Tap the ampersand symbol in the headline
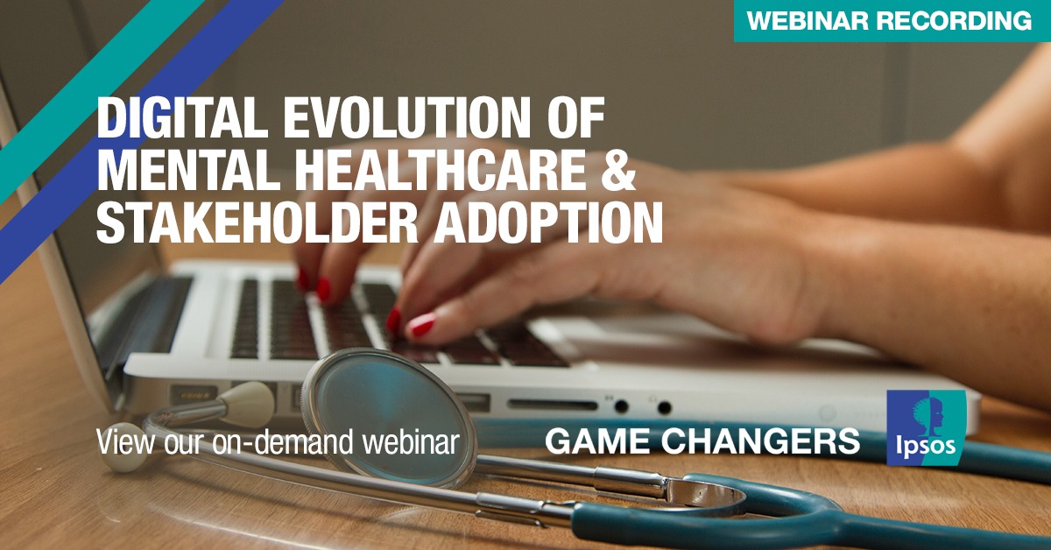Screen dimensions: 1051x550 pyautogui.click(x=618, y=171)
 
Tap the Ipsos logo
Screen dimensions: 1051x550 pyautogui.click(x=927, y=427)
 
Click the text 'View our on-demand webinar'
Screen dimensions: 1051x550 pyautogui.click(x=278, y=441)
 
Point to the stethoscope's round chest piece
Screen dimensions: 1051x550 pyautogui.click(x=389, y=418)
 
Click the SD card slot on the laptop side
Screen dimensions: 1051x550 pyautogui.click(x=553, y=405)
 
